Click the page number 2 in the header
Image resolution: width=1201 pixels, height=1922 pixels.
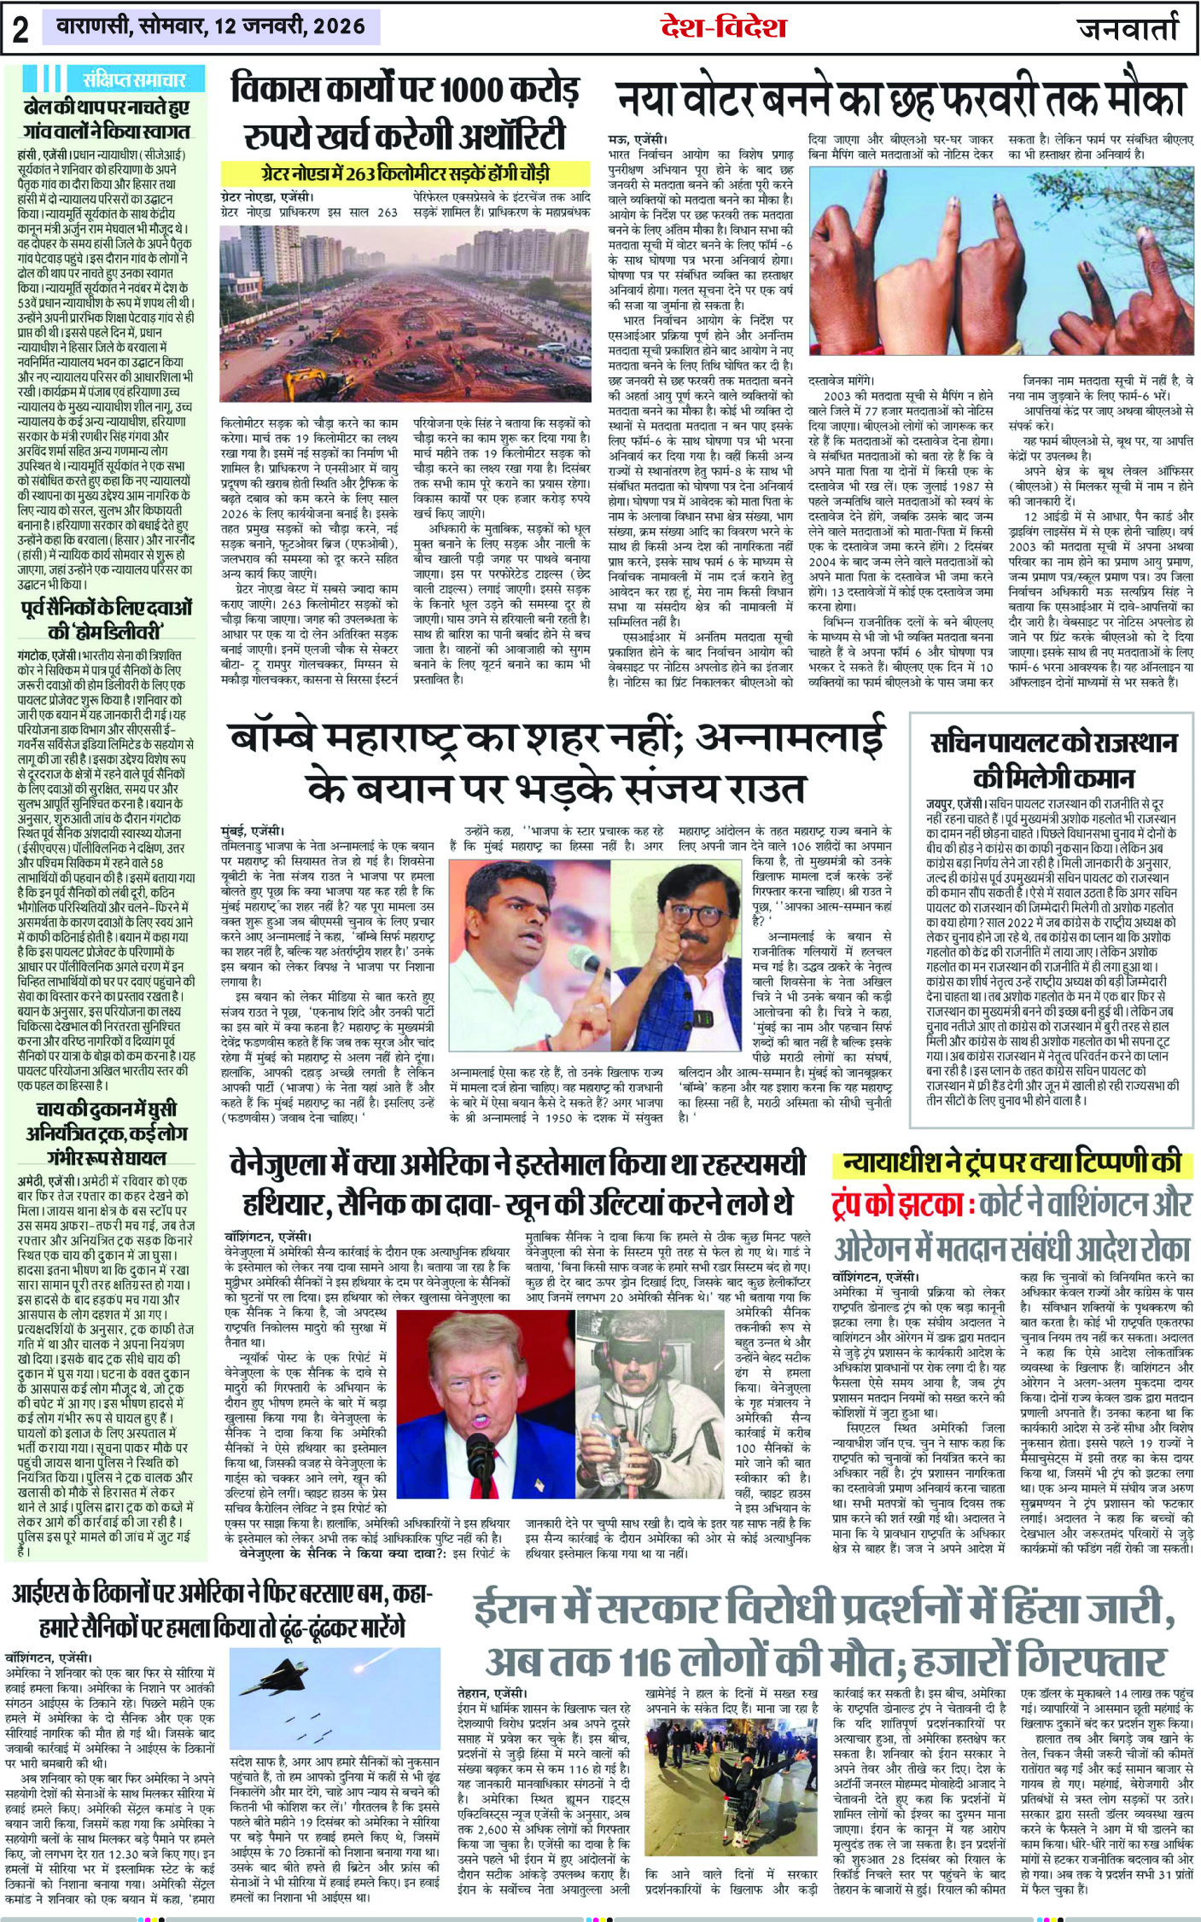[20, 29]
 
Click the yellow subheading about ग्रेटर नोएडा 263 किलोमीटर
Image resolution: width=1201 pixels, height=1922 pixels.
[396, 172]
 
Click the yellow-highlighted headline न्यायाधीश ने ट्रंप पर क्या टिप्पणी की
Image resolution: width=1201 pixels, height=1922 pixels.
[1012, 1162]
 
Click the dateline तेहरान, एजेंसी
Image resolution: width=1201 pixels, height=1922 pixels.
[491, 1692]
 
